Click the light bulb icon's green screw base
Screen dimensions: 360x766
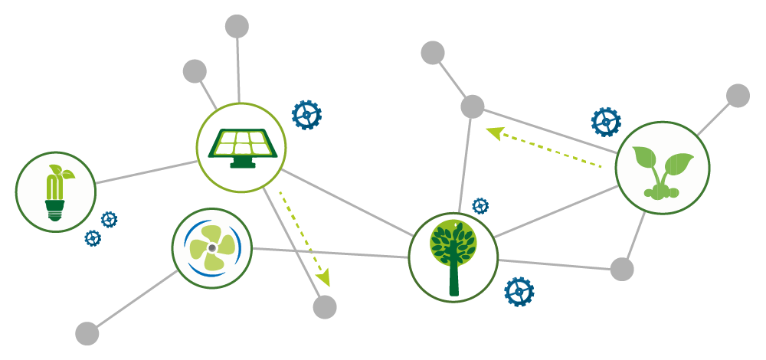pyautogui.click(x=54, y=209)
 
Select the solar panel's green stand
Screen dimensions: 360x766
pyautogui.click(x=243, y=162)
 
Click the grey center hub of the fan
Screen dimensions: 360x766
pyautogui.click(x=212, y=248)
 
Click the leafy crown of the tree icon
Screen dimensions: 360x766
pyautogui.click(x=453, y=241)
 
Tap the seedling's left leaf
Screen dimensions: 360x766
pyautogui.click(x=644, y=157)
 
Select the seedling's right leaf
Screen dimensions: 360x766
pyautogui.click(x=679, y=163)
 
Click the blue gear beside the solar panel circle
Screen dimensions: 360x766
pyautogui.click(x=306, y=115)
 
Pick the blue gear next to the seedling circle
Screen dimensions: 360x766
pyautogui.click(x=606, y=122)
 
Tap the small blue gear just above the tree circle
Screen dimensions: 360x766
pyautogui.click(x=480, y=205)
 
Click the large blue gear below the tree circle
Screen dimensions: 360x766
pyautogui.click(x=519, y=292)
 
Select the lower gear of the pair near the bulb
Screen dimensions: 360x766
pyautogui.click(x=93, y=238)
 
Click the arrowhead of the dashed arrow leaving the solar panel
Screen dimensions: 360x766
pyautogui.click(x=325, y=277)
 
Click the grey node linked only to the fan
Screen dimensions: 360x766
pyautogui.click(x=87, y=333)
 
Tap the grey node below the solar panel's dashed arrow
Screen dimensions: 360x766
pyautogui.click(x=325, y=307)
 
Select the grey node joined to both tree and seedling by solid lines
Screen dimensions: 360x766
pyautogui.click(x=622, y=269)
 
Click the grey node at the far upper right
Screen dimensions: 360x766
pyautogui.click(x=738, y=96)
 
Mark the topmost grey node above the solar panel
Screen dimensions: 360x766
pyautogui.click(x=237, y=26)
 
